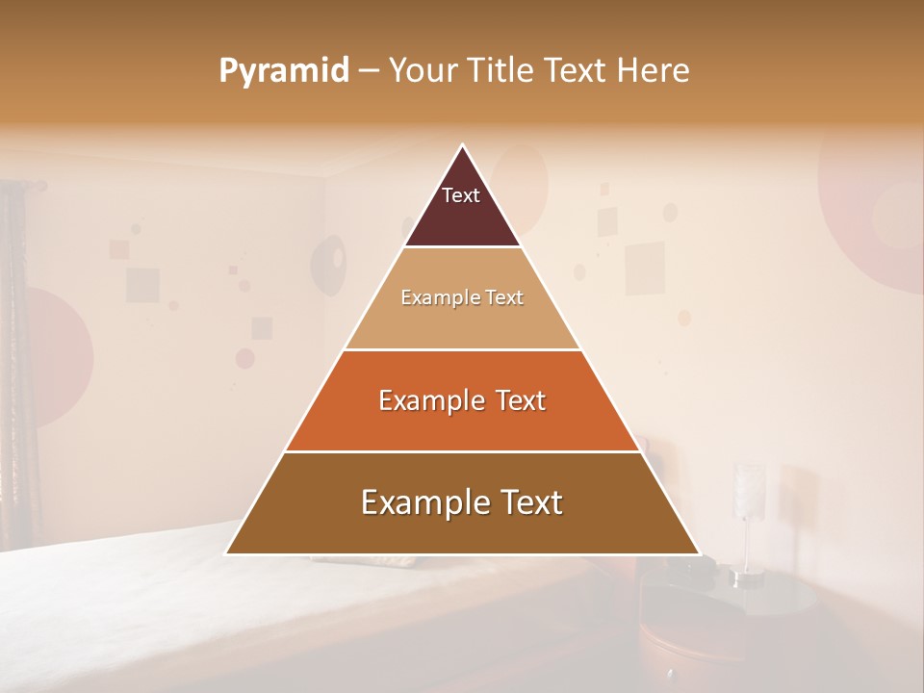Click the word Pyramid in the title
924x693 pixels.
click(x=283, y=71)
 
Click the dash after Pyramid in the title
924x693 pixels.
click(x=368, y=72)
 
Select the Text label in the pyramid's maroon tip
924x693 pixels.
click(x=461, y=195)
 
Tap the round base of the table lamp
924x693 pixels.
click(x=747, y=579)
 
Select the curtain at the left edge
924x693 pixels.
click(x=13, y=366)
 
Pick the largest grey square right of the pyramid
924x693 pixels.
click(x=645, y=267)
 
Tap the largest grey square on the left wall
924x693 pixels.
click(x=142, y=284)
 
